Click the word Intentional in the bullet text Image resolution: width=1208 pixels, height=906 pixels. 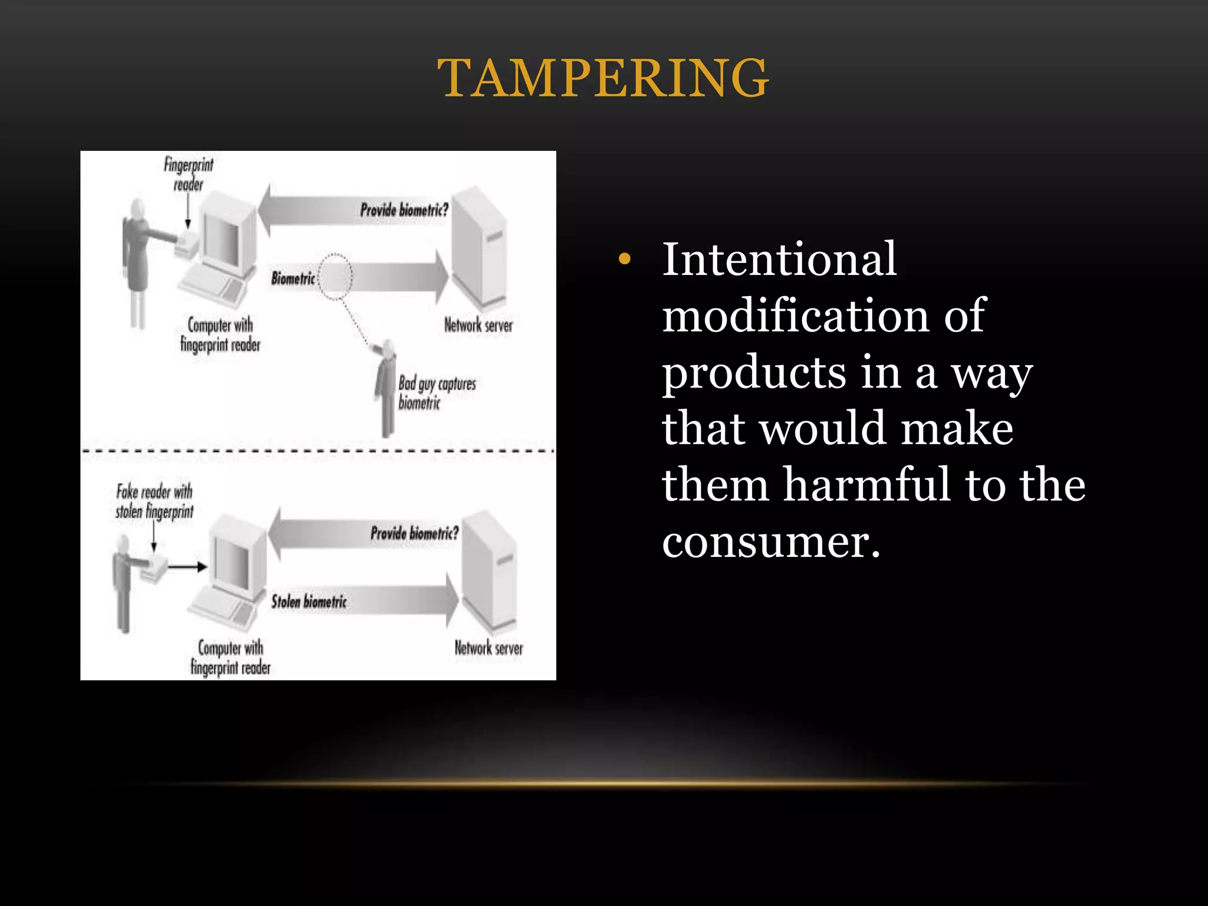click(x=779, y=259)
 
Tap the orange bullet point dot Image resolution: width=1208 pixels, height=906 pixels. click(x=625, y=259)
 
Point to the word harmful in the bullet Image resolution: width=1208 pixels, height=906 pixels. click(x=866, y=484)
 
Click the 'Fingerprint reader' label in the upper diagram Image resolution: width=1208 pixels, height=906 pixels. click(x=189, y=174)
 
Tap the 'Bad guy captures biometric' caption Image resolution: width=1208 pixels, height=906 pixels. click(x=436, y=393)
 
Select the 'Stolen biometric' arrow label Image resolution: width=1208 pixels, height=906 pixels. click(x=308, y=601)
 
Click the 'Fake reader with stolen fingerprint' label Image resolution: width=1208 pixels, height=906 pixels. click(x=155, y=501)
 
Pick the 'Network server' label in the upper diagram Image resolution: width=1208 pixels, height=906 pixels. click(x=478, y=325)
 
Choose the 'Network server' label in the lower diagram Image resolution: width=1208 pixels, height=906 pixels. click(x=488, y=648)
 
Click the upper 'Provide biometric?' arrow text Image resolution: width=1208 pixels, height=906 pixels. click(x=404, y=209)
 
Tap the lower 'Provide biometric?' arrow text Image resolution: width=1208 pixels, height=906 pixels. click(x=414, y=533)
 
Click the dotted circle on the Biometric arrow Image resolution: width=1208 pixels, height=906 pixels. click(x=335, y=277)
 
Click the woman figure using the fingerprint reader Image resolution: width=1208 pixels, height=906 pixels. click(x=137, y=260)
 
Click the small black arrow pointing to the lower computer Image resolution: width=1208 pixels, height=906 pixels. click(x=188, y=567)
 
